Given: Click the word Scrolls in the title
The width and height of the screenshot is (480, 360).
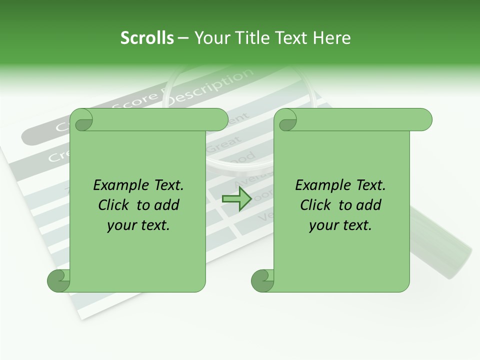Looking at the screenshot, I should click(147, 38).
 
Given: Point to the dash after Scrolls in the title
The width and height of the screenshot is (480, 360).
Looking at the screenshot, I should click(183, 38).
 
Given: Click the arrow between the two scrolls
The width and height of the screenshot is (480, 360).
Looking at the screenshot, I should click(236, 198).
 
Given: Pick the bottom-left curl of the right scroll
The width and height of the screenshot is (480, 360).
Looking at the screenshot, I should click(263, 280).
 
